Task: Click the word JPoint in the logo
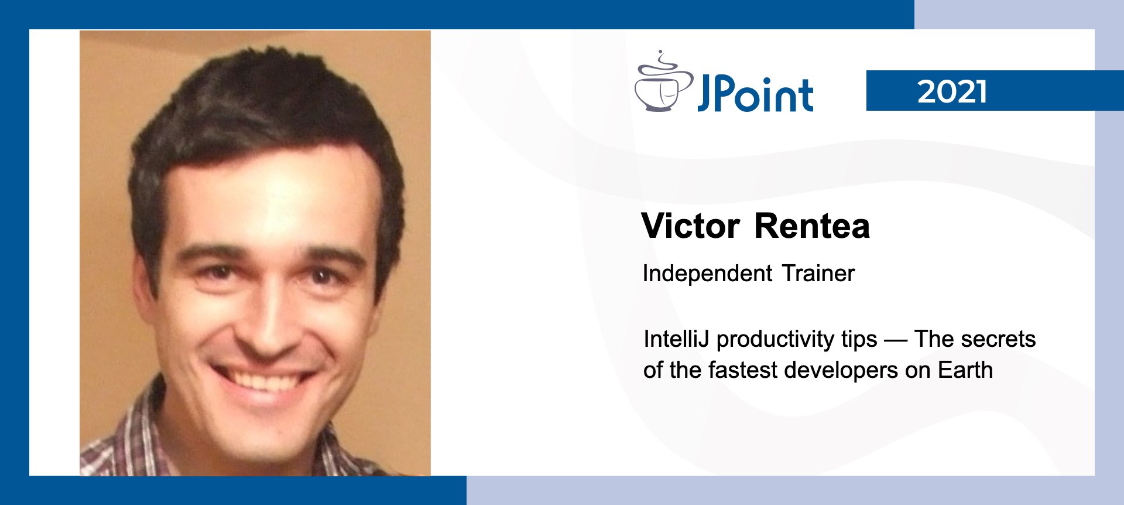pos(755,94)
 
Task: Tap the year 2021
pos(952,91)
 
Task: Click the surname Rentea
pos(812,226)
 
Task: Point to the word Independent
pos(708,274)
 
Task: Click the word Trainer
pos(818,274)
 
